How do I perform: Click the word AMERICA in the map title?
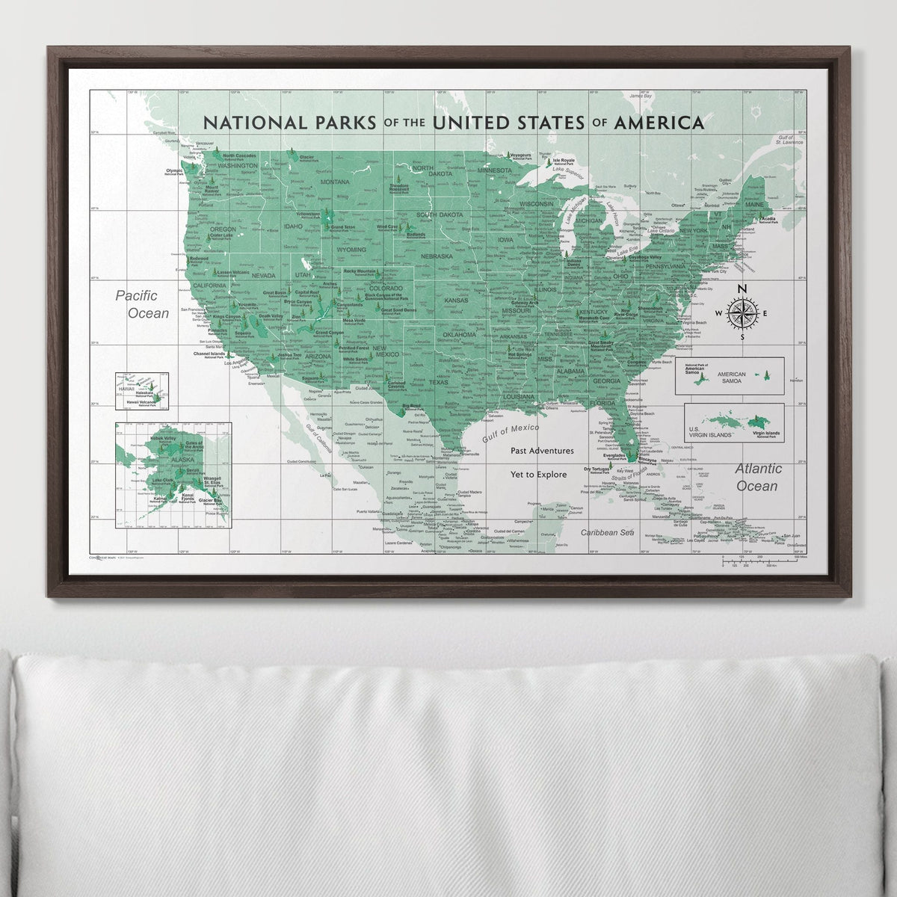(658, 122)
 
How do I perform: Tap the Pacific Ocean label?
(143, 305)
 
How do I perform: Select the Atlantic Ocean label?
(758, 477)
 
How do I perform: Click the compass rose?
(742, 313)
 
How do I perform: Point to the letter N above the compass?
(742, 290)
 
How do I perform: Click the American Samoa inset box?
(729, 375)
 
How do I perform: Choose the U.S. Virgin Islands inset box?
(734, 423)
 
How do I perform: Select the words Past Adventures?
(543, 451)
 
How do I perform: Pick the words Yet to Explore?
(543, 474)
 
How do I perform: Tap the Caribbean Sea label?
(608, 532)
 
